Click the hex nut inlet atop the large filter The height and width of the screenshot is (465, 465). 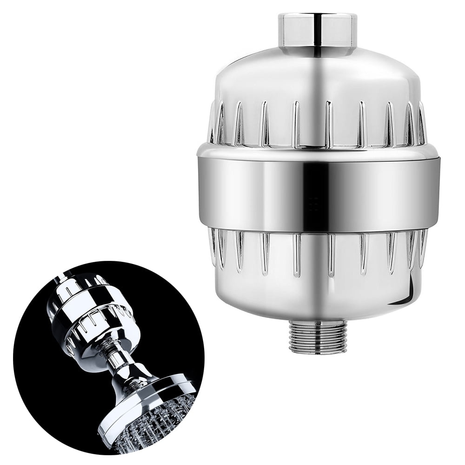coord(318,30)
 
